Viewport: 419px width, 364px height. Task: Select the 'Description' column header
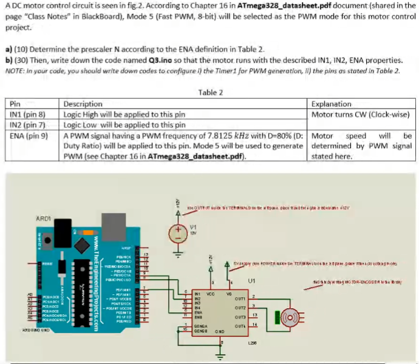coord(83,104)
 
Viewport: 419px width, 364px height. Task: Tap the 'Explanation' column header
coord(331,104)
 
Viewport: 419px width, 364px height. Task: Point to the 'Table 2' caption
coord(210,92)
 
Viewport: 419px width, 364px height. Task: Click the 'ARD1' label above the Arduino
coord(44,217)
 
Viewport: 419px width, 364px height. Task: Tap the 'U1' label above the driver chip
coord(251,281)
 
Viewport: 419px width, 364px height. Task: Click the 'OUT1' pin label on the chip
coord(239,298)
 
